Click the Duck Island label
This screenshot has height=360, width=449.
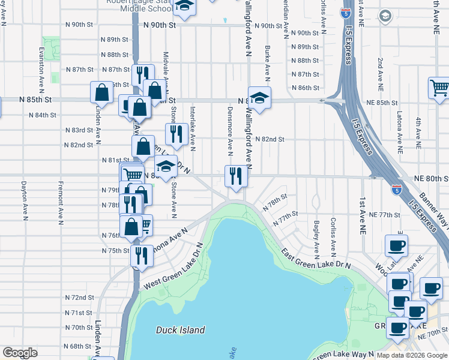click(180, 330)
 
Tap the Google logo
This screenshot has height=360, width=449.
click(20, 353)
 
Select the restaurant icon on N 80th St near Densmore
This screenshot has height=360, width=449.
click(235, 176)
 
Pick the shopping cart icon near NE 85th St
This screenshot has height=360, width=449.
click(439, 88)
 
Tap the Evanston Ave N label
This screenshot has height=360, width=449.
click(41, 67)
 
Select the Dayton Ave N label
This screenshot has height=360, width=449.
click(24, 202)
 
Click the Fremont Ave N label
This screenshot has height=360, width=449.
click(61, 202)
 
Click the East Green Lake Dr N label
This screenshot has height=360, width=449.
click(316, 256)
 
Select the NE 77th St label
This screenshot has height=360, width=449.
click(385, 214)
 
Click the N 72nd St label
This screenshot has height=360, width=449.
click(80, 298)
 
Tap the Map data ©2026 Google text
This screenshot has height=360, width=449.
click(412, 354)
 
